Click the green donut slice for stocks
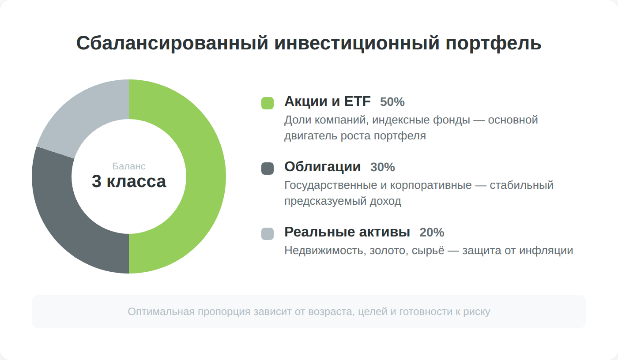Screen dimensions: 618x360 (206, 176)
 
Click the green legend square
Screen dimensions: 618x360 (268, 103)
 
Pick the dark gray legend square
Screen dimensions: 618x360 (268, 169)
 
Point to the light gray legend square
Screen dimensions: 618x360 (268, 234)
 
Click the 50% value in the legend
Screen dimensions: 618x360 (392, 102)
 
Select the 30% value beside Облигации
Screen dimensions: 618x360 (382, 167)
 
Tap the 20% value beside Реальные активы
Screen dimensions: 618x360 (432, 232)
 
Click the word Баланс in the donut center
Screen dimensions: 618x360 (129, 166)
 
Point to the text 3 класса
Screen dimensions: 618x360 (129, 181)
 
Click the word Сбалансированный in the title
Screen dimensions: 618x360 (172, 43)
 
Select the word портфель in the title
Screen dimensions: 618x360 (494, 43)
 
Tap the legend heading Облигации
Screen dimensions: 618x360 (323, 166)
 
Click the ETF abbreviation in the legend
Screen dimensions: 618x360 (357, 101)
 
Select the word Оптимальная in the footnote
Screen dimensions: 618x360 (161, 312)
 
